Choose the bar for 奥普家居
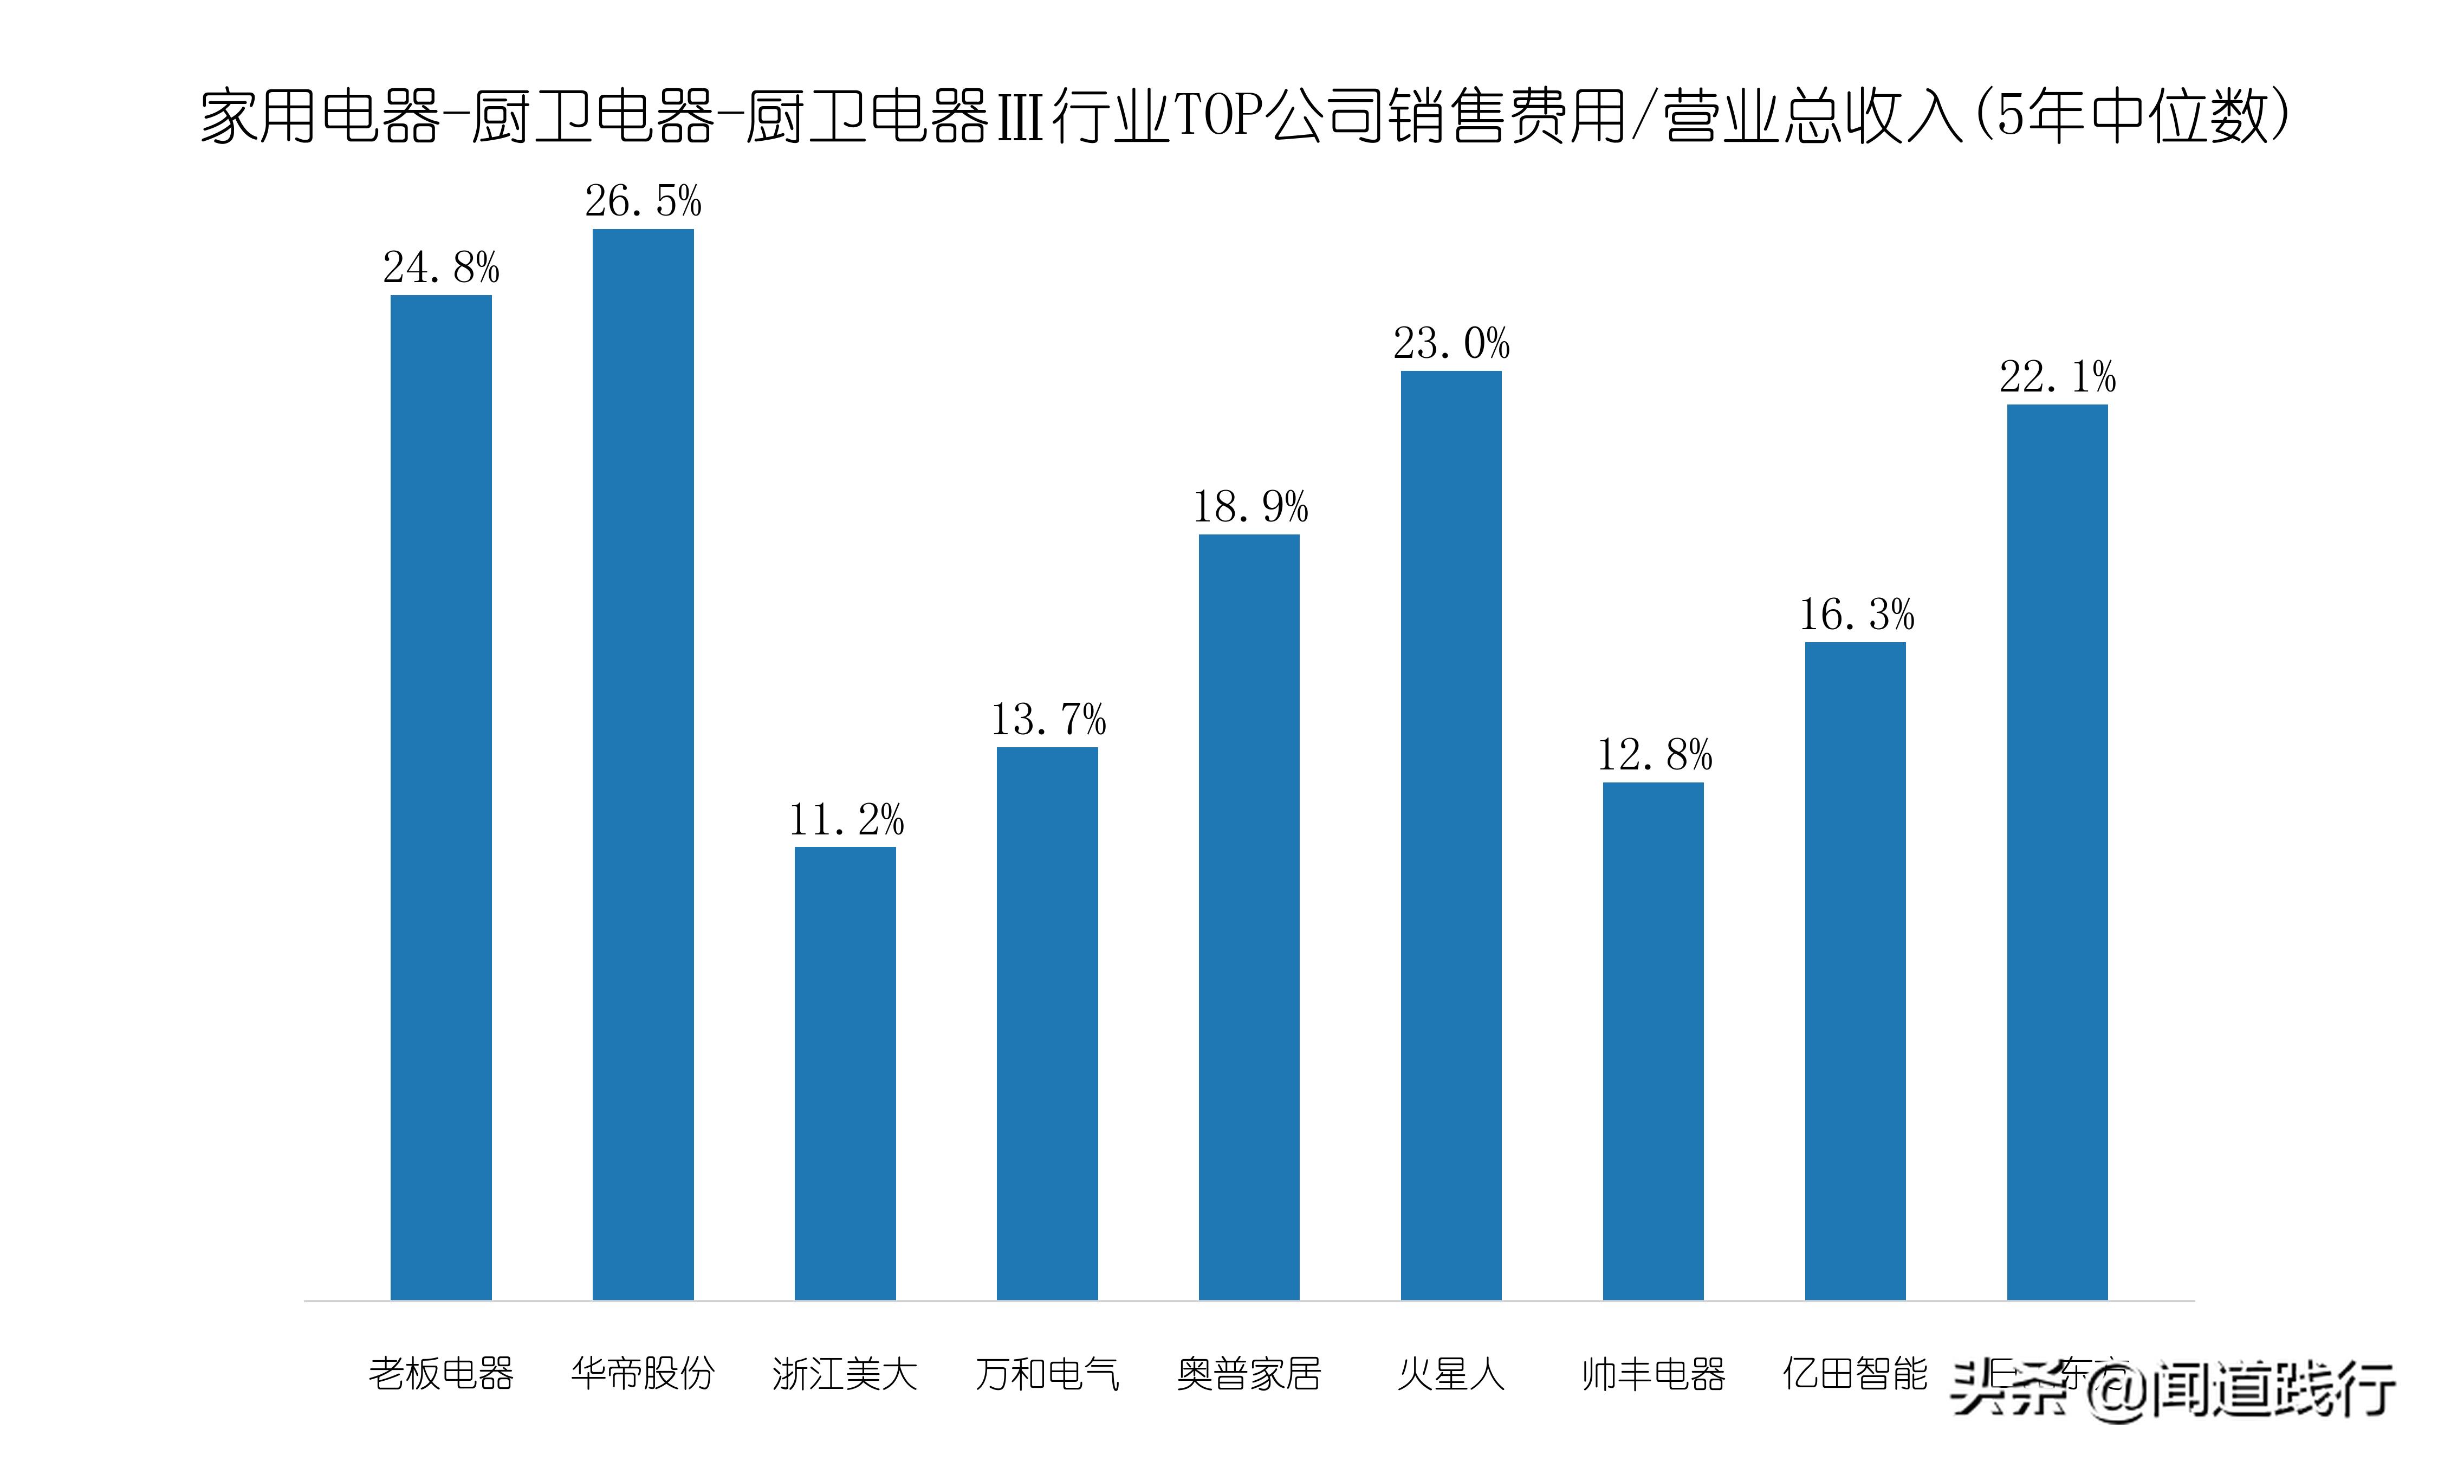[x=1249, y=916]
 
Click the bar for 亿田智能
[x=1855, y=970]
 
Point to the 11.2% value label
[x=846, y=820]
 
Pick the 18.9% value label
[x=1249, y=507]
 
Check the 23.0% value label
[x=1450, y=344]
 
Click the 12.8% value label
[x=1654, y=755]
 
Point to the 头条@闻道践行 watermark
[x=2173, y=1389]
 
